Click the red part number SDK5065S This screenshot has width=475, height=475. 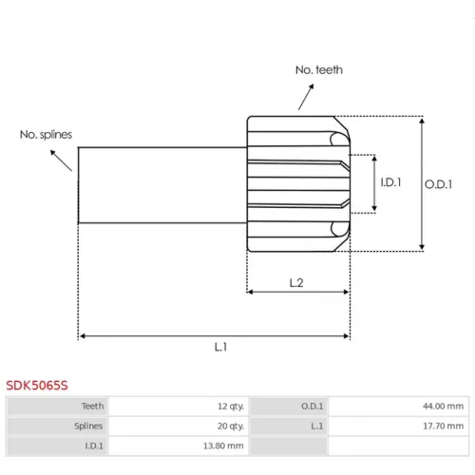[37, 386]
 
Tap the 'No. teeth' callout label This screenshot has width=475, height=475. [319, 70]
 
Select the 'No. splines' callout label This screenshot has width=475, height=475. [46, 135]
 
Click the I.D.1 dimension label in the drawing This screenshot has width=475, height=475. [390, 182]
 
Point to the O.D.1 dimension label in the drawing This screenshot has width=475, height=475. [438, 184]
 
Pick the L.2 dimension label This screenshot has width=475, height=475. [296, 282]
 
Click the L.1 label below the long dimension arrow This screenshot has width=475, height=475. [220, 347]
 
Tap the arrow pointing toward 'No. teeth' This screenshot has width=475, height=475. [306, 97]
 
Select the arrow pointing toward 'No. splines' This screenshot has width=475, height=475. [61, 161]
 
